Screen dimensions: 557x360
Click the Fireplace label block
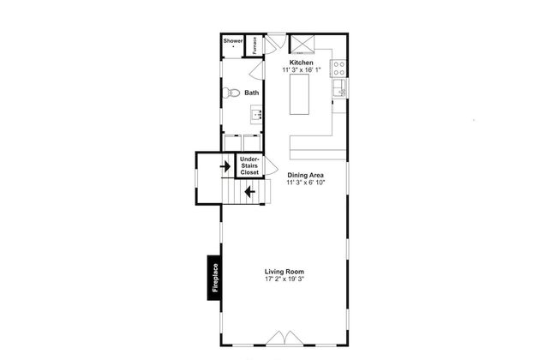(x=214, y=278)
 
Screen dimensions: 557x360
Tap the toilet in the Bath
(x=231, y=93)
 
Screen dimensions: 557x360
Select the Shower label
(x=233, y=41)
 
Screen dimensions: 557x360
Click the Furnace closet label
(x=255, y=45)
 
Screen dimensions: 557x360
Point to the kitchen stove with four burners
(x=338, y=69)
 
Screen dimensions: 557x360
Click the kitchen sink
(x=340, y=87)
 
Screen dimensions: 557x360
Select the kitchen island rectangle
(x=299, y=94)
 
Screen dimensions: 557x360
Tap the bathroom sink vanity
(x=256, y=115)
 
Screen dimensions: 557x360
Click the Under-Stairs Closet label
(x=249, y=165)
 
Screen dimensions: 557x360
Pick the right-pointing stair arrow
(x=225, y=166)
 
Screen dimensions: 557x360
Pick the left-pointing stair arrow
(x=249, y=192)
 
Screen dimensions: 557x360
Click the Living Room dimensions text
(x=284, y=279)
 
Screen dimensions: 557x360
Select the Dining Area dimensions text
(x=306, y=183)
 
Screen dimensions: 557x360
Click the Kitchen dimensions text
(x=302, y=70)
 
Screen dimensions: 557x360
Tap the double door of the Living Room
(x=284, y=338)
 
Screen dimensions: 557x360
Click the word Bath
(x=251, y=93)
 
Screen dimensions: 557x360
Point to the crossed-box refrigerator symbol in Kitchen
(x=302, y=44)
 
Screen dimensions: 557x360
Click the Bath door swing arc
(x=257, y=70)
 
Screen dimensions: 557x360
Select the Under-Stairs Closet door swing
(x=271, y=165)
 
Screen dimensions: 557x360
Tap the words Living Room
(x=284, y=272)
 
